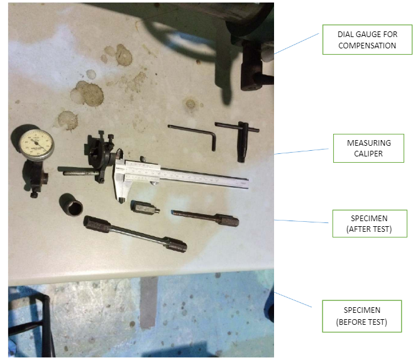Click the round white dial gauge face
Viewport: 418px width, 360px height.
[36, 145]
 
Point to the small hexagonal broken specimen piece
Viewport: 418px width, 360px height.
[145, 207]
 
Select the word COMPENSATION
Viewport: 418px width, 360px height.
[367, 46]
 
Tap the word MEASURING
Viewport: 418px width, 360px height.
[369, 143]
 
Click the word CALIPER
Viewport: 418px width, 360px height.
[368, 154]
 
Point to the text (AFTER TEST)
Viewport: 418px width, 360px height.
[369, 229]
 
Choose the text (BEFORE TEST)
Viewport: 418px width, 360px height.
[361, 322]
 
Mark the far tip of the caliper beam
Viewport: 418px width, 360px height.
[248, 184]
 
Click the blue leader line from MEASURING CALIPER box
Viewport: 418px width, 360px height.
[302, 151]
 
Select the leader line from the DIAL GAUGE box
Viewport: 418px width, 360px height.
[297, 44]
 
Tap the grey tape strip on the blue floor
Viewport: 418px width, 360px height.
[148, 302]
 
